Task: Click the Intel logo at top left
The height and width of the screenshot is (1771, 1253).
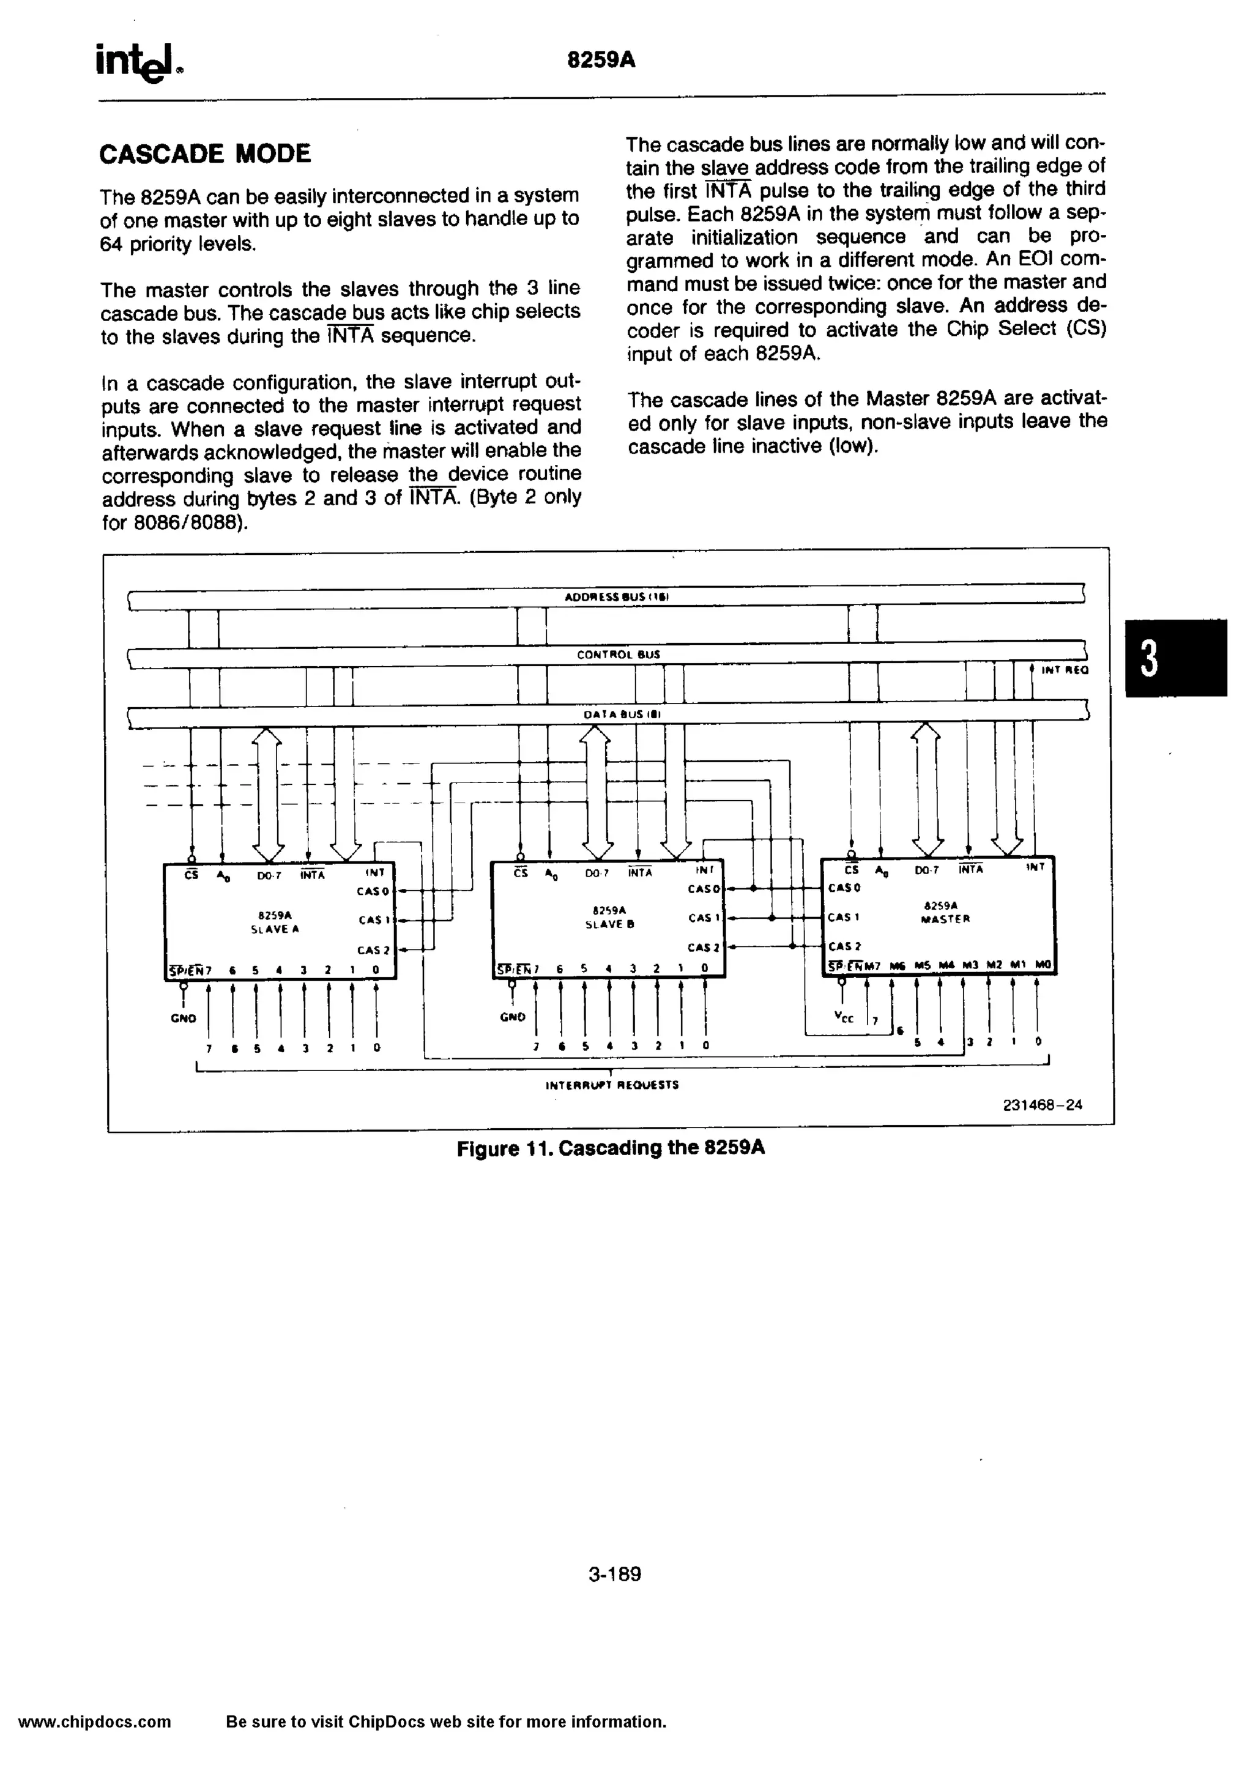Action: pyautogui.click(x=139, y=62)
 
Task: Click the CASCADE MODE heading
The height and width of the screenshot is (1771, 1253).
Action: pyautogui.click(x=205, y=154)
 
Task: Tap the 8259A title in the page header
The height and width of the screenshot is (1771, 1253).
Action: pyautogui.click(x=601, y=60)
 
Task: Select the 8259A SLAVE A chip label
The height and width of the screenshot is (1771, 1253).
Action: pyautogui.click(x=275, y=923)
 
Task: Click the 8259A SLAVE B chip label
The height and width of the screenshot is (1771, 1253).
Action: pyautogui.click(x=609, y=918)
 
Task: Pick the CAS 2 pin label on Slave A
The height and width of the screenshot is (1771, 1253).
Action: pyautogui.click(x=373, y=950)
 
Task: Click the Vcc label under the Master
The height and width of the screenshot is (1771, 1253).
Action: pyautogui.click(x=844, y=1017)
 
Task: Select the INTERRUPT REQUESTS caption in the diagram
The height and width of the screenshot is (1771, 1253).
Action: pyautogui.click(x=612, y=1085)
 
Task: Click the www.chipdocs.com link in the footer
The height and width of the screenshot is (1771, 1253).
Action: pyautogui.click(x=94, y=1721)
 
